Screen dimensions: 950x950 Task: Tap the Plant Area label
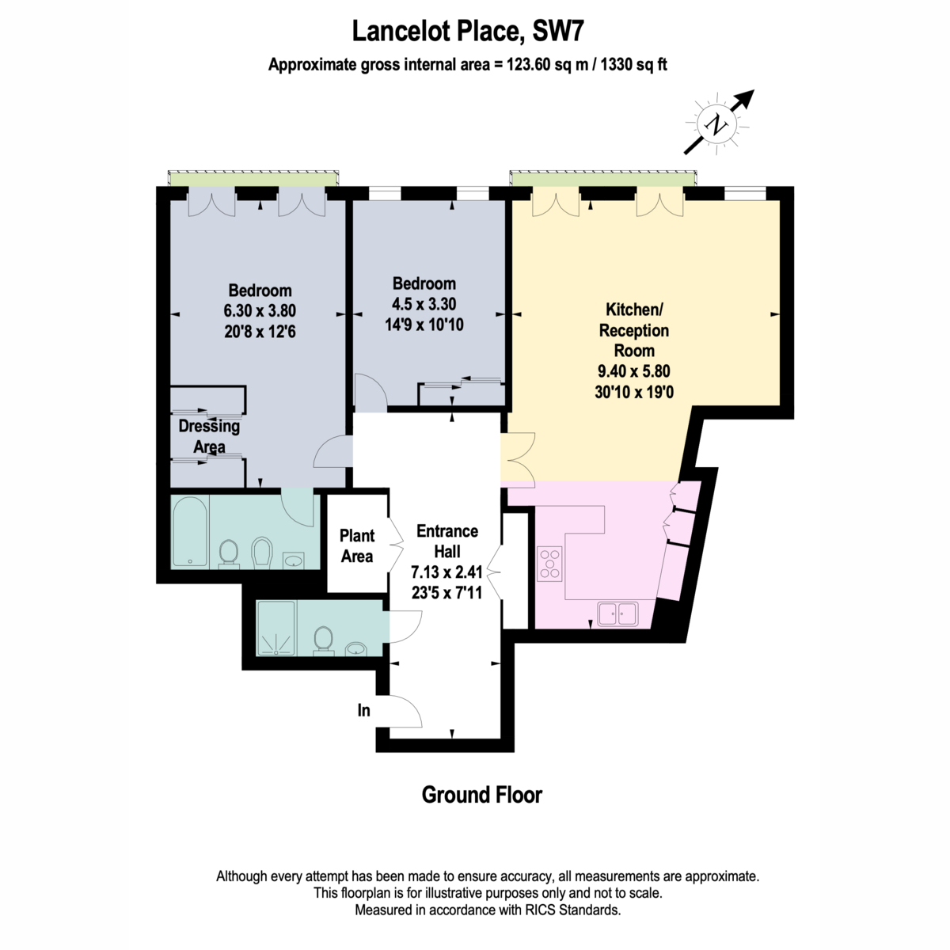357,545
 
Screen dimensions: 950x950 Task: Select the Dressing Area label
209,436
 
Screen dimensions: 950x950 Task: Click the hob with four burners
549,564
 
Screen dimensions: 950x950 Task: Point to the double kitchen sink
618,614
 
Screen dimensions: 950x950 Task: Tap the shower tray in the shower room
275,628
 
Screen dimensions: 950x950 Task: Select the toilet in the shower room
324,640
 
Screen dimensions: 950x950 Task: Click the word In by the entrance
364,710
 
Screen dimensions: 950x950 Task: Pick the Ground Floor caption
481,795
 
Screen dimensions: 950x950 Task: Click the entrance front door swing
406,711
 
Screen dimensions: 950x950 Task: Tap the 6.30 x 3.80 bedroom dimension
260,310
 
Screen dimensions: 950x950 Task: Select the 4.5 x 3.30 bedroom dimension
424,304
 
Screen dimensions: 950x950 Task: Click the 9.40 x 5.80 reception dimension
634,371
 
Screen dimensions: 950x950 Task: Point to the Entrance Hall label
447,541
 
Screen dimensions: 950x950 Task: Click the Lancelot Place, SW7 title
468,31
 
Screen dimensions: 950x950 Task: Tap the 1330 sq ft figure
633,65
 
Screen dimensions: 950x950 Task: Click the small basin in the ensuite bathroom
294,560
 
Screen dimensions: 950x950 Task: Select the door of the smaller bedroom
370,393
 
